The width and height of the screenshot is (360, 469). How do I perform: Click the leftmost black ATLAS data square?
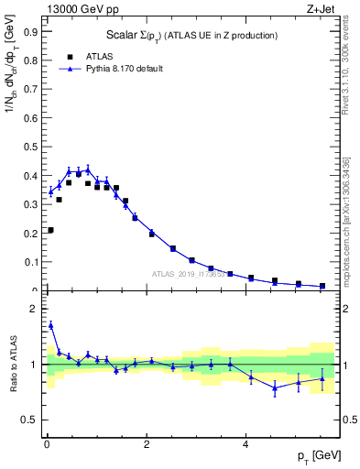coord(50,230)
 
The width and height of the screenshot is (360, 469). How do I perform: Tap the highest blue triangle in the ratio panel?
coord(50,324)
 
